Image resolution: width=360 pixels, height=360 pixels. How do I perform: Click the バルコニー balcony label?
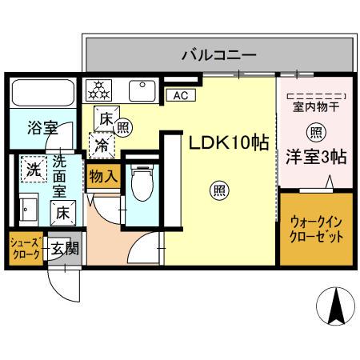218,56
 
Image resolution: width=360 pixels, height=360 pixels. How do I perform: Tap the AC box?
179,95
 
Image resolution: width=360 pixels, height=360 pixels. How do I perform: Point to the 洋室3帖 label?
317,157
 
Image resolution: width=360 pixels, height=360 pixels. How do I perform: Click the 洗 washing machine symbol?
33,169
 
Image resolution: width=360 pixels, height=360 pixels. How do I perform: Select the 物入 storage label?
103,174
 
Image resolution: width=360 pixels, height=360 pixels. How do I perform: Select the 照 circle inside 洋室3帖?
317,133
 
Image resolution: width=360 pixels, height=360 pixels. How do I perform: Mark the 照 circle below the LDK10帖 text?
218,190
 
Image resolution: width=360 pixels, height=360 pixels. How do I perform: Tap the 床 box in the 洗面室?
62,213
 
